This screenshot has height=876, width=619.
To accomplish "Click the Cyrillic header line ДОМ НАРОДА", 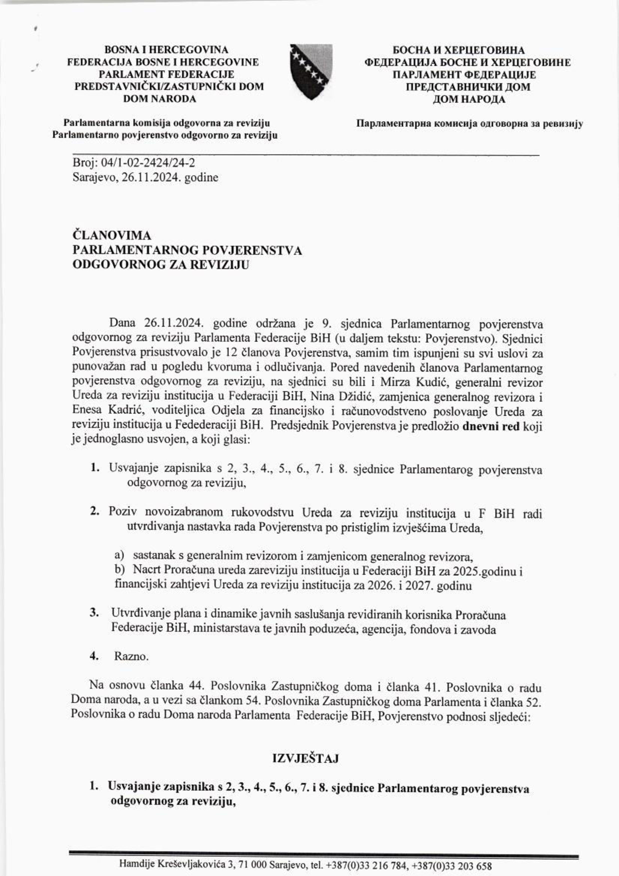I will click(x=469, y=100).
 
